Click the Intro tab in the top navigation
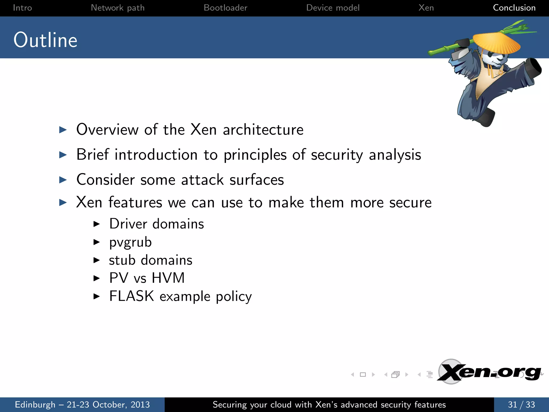coord(22,8)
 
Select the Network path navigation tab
coord(118,8)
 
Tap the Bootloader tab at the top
coord(225,8)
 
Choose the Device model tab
coord(333,8)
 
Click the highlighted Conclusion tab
coord(514,8)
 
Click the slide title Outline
coord(46,40)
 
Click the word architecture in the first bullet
coord(263,130)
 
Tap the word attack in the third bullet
coord(202,179)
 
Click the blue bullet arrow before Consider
coord(63,180)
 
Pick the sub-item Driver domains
coord(157,224)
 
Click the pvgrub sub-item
coord(130,242)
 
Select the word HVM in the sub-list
coord(168,278)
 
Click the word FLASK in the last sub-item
coord(132,296)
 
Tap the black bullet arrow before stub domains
coord(97,260)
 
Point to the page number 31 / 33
coord(521,404)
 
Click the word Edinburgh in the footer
coord(35,404)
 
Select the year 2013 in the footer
coord(140,404)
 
